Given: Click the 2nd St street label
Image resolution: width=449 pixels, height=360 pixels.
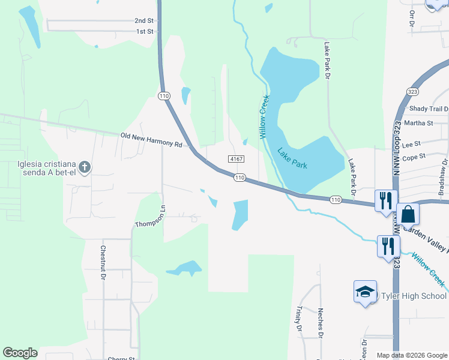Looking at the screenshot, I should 145,20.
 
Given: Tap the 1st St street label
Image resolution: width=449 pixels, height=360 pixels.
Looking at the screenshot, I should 145,31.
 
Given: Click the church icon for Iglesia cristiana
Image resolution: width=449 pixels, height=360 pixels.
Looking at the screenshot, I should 85,167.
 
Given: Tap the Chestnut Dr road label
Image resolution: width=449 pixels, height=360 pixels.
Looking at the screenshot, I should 103,263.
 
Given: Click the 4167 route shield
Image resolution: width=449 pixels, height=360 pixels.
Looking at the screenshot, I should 235,159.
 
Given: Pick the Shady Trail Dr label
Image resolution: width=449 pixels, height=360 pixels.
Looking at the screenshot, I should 429,109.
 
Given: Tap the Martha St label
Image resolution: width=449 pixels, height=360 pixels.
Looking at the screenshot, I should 419,123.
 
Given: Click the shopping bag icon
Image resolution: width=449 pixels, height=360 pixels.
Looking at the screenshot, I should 408,214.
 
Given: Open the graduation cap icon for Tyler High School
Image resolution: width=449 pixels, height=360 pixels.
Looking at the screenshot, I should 365,292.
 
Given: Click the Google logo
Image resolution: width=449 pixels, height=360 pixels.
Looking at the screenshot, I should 20,353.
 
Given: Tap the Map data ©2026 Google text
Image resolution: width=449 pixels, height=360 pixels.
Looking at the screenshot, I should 412,355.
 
